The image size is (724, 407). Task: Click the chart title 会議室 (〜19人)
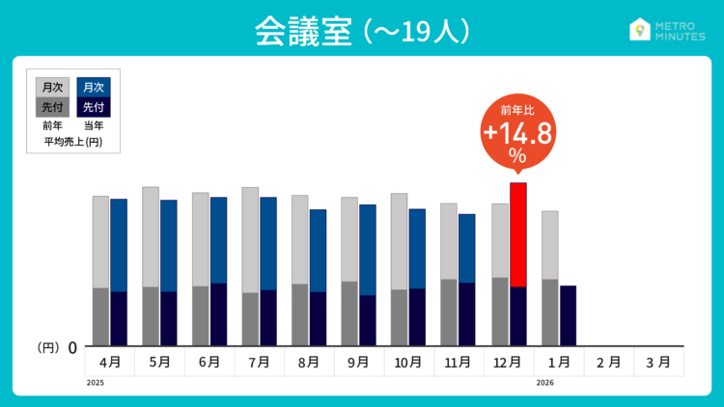362,30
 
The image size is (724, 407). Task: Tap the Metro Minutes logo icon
639,30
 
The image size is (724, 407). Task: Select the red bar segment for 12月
518,234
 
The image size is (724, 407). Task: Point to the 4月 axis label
110,362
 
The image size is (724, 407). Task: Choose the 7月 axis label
259,362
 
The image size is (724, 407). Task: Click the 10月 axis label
408,362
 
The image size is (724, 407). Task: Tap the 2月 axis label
608,362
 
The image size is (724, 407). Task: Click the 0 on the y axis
72,347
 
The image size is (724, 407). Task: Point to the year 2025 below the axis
95,383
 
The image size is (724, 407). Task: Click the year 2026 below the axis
546,383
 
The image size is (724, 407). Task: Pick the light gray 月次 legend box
52,87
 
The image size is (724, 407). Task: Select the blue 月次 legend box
94,87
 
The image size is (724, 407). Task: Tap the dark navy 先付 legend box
94,107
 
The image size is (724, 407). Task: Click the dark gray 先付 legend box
52,107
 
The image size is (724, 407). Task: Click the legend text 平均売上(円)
73,143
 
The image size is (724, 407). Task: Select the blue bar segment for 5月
168,245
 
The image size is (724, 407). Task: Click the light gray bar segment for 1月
550,244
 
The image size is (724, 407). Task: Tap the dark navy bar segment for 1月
568,315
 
